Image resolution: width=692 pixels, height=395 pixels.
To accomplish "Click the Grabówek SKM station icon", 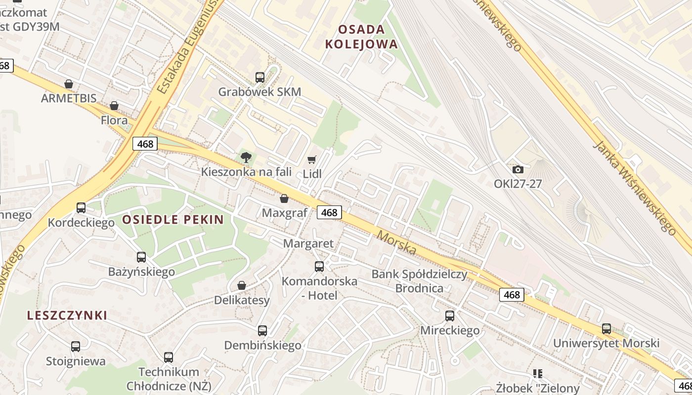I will pyautogui.click(x=260, y=78).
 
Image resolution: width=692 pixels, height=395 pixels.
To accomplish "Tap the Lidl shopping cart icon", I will pyautogui.click(x=311, y=159).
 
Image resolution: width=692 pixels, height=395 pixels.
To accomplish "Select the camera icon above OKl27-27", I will pyautogui.click(x=518, y=170).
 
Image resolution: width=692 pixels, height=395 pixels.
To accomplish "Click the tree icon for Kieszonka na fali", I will pyautogui.click(x=246, y=158).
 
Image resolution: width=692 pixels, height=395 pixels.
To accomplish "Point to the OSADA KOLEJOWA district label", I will pyautogui.click(x=361, y=37).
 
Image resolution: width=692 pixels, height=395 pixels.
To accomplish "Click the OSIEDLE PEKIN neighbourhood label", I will pyautogui.click(x=173, y=220).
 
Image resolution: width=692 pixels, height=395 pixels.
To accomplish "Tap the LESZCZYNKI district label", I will pyautogui.click(x=67, y=316).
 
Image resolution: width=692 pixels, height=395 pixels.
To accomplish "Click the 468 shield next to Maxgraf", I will pyautogui.click(x=329, y=212).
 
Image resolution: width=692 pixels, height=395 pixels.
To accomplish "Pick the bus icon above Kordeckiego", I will pyautogui.click(x=81, y=208).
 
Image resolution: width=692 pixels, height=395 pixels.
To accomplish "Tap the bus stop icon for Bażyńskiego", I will pyautogui.click(x=141, y=257).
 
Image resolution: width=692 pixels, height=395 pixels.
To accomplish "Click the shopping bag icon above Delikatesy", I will pyautogui.click(x=242, y=285).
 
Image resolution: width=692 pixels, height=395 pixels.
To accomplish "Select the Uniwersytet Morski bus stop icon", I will pyautogui.click(x=606, y=328).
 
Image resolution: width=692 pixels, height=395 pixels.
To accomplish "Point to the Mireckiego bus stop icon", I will pyautogui.click(x=450, y=316).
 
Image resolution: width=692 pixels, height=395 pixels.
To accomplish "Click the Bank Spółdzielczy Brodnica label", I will pyautogui.click(x=419, y=281).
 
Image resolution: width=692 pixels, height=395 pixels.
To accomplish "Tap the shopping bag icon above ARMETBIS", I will pyautogui.click(x=69, y=84).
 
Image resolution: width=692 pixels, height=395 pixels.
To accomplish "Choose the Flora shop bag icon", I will pyautogui.click(x=114, y=106).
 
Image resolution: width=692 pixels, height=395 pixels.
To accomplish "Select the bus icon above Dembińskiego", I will pyautogui.click(x=262, y=331).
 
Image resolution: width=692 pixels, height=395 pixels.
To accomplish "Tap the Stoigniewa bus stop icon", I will pyautogui.click(x=76, y=347).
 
